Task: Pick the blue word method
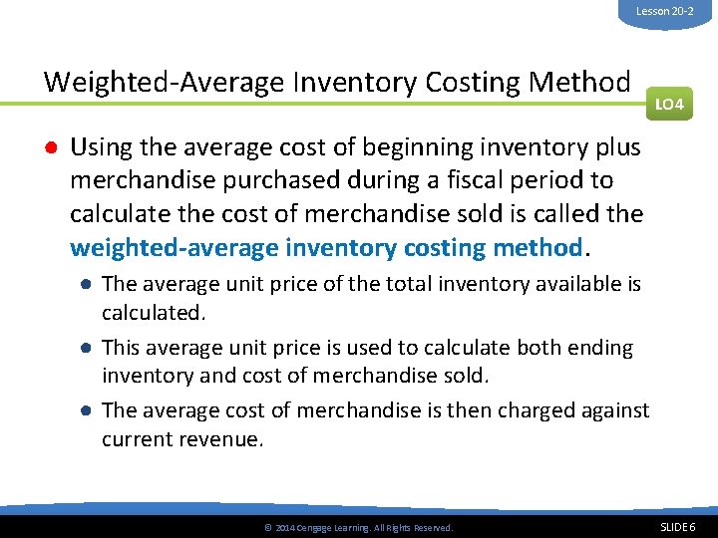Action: click(x=540, y=245)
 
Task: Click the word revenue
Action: click(x=221, y=439)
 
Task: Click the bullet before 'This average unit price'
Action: click(x=88, y=349)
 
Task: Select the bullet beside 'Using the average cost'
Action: click(x=49, y=148)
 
